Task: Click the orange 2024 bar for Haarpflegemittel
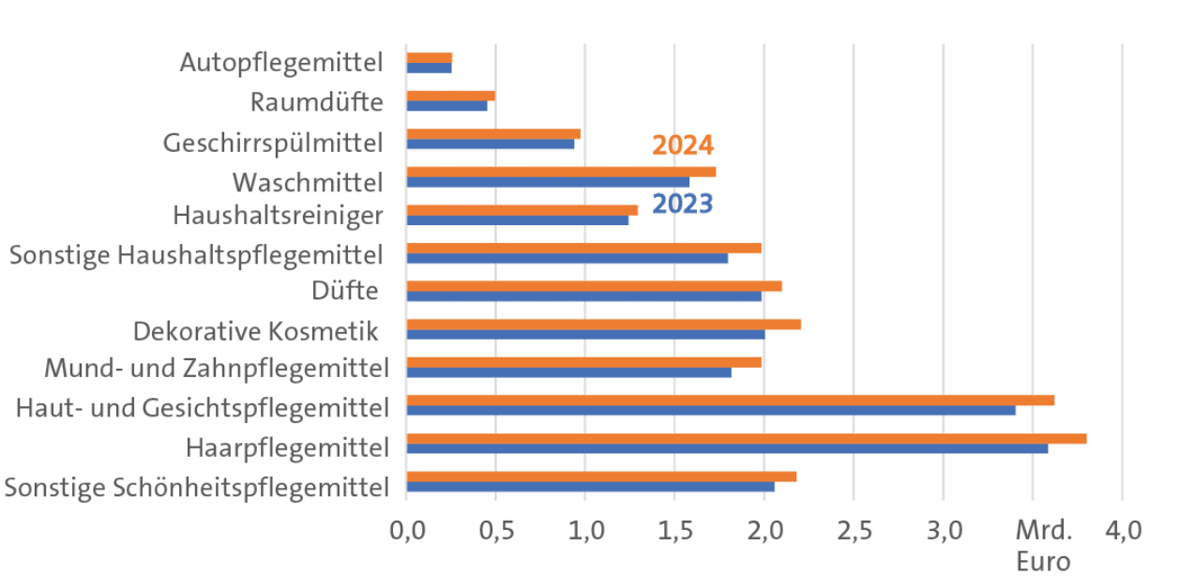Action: [746, 438]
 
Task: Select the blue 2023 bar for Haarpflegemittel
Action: [727, 448]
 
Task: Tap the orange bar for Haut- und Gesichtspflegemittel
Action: [730, 400]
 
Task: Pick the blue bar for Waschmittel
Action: [548, 182]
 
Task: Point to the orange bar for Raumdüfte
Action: [450, 96]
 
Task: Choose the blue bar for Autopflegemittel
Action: [429, 68]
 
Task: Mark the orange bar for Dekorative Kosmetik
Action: [603, 324]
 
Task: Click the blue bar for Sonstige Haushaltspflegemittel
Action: [567, 258]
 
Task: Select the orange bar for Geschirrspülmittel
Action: [493, 133]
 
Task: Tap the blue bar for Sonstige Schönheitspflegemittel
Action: [590, 486]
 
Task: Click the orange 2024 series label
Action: [683, 145]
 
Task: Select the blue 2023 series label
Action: [682, 204]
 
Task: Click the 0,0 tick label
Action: [406, 532]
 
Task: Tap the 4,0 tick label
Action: [1122, 532]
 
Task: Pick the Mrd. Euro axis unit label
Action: [1044, 546]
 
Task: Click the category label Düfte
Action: [346, 291]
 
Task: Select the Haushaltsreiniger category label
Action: [278, 216]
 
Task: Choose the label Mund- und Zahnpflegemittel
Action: [217, 367]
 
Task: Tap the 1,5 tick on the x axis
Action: [674, 532]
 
